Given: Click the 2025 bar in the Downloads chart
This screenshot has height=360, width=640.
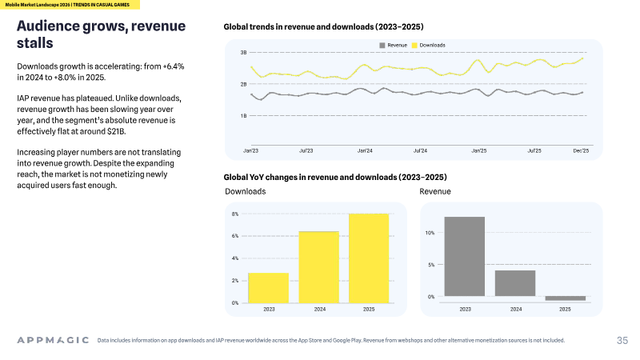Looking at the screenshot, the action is pyautogui.click(x=369, y=258).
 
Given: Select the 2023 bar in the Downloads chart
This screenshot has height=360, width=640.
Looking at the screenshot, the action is pyautogui.click(x=269, y=288).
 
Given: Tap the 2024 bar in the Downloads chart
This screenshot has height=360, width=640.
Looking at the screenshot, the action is pyautogui.click(x=318, y=267).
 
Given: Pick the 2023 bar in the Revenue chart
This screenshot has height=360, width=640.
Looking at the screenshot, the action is pyautogui.click(x=465, y=256).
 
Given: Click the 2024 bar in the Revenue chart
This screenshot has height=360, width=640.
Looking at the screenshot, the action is pyautogui.click(x=515, y=283).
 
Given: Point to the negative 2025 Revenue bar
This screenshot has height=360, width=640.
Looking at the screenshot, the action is pyautogui.click(x=566, y=298).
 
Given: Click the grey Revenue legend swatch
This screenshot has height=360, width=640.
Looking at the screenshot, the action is pyautogui.click(x=382, y=46).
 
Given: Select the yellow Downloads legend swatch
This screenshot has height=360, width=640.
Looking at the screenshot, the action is pyautogui.click(x=414, y=46).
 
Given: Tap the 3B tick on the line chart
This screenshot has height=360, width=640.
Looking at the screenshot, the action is pyautogui.click(x=244, y=53).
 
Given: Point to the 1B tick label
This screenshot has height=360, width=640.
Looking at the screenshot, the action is pyautogui.click(x=244, y=116).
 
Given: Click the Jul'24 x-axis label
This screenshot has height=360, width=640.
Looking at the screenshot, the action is pyautogui.click(x=420, y=150).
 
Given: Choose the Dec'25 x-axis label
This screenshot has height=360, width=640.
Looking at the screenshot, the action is pyautogui.click(x=581, y=150).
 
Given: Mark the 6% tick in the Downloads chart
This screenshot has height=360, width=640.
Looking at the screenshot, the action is pyautogui.click(x=235, y=236).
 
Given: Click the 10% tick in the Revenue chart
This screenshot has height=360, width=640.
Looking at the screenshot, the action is pyautogui.click(x=430, y=233).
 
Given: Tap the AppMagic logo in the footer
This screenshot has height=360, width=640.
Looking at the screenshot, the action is pyautogui.click(x=53, y=340).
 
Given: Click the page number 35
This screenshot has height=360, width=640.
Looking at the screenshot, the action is pyautogui.click(x=622, y=341).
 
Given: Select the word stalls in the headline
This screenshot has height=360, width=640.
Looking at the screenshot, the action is pyautogui.click(x=35, y=43).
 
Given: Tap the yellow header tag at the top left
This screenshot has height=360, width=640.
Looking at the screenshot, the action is pyautogui.click(x=70, y=5).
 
